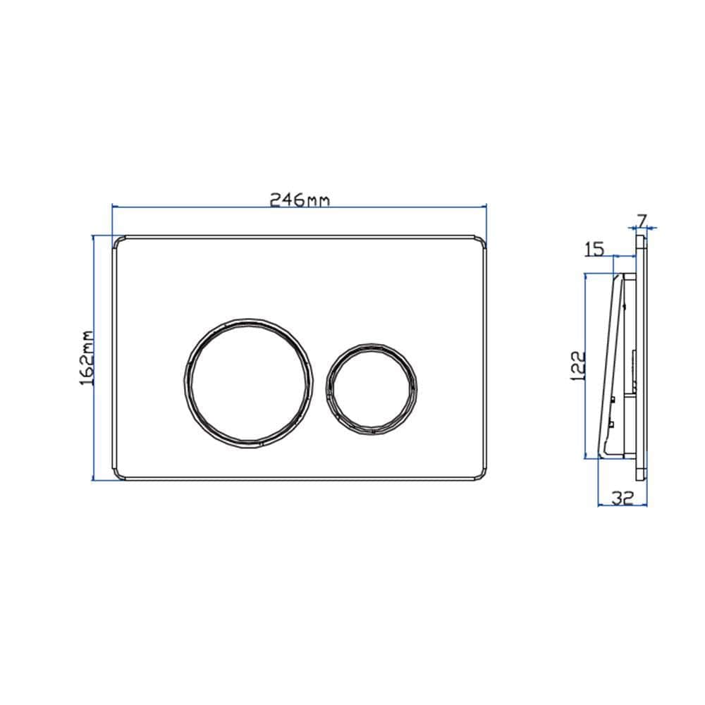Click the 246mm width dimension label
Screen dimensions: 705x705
tap(300, 200)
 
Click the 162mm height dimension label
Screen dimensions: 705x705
tap(87, 357)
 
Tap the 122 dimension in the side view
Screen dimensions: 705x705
tap(577, 367)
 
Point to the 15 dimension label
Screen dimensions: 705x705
tap(594, 248)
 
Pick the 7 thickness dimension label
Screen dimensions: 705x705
tap(643, 220)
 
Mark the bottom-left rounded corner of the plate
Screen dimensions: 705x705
tap(117, 474)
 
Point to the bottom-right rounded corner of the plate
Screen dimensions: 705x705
tap(482, 474)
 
